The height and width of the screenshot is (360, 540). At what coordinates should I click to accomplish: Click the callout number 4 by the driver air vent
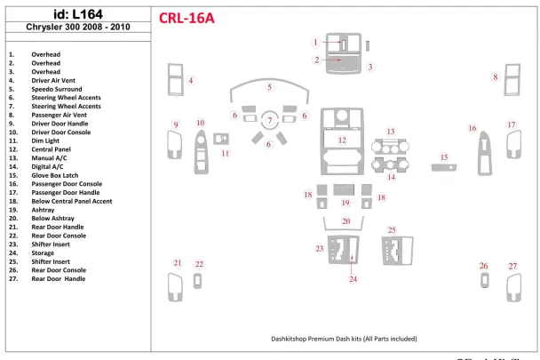coord(190,81)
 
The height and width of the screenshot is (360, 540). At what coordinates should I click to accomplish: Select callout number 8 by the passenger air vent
coord(496,78)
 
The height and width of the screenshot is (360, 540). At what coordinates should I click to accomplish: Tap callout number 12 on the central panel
coord(341,140)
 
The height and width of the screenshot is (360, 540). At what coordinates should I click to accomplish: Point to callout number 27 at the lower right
coord(512,267)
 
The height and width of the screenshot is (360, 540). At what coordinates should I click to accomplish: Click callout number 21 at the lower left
coord(177,263)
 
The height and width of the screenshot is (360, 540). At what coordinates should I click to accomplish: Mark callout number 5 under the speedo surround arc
coord(269,87)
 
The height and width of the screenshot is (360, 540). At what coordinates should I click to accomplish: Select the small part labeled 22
coord(200,282)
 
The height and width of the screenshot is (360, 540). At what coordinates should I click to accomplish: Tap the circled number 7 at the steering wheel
coord(269,121)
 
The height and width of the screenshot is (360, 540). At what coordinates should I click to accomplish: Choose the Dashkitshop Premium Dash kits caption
coord(344,339)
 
